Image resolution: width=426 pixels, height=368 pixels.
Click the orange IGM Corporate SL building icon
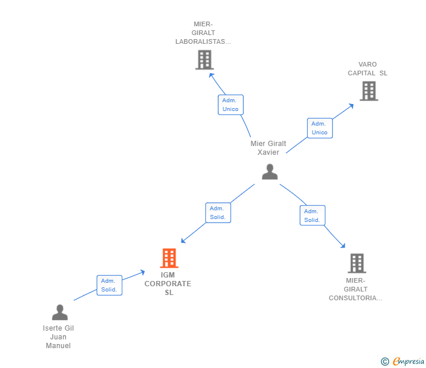(169, 258)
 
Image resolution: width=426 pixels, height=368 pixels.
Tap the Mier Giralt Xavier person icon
(270, 172)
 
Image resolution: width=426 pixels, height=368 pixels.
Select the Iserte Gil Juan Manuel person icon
(60, 312)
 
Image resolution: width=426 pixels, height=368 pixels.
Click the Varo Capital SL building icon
(369, 91)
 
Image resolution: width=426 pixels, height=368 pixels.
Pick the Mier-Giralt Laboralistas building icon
(204, 60)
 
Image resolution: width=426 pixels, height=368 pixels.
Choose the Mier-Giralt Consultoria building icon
(357, 263)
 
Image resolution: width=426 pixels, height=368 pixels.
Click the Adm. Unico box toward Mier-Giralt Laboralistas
(231, 105)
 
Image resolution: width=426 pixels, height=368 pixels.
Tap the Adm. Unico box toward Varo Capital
(319, 128)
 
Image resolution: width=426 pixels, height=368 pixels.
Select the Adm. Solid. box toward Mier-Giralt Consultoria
(312, 216)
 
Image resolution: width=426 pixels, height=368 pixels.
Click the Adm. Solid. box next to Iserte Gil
(109, 285)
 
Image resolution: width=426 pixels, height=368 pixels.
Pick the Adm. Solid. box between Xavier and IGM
(218, 213)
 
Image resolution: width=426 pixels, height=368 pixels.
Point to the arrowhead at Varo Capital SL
(351, 106)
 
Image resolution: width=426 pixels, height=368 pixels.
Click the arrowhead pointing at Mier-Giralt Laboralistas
(211, 75)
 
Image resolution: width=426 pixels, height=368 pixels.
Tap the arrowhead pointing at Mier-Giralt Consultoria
(343, 246)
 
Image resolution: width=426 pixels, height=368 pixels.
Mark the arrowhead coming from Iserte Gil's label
(142, 272)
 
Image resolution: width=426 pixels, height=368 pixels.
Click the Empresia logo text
(408, 361)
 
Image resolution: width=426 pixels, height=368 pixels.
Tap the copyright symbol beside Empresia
(384, 362)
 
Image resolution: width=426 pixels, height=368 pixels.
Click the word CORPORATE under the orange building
(167, 284)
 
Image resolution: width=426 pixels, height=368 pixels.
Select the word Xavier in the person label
(268, 152)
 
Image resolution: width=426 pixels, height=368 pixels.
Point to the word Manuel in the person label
(58, 345)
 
